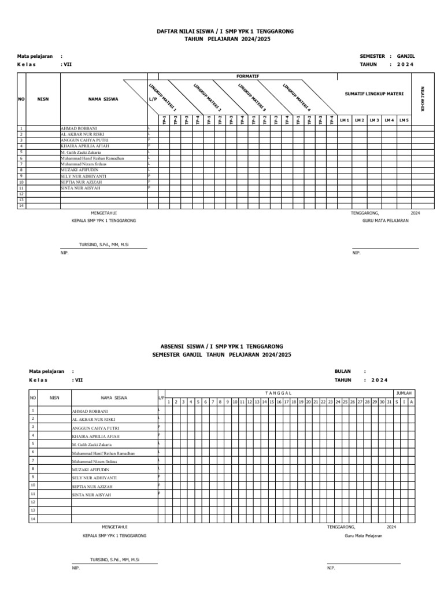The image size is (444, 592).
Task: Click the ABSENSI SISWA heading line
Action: coord(221,345)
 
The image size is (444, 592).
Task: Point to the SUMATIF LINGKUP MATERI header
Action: coord(374,93)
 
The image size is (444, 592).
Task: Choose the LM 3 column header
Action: coord(374,120)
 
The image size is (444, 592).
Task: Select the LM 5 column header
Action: coord(404,120)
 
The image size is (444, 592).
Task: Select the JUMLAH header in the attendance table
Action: coord(404,393)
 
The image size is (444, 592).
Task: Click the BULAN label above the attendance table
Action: coord(343,371)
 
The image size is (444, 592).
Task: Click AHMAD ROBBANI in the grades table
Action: coord(78,128)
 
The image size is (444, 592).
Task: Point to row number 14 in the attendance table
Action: coord(33,519)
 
